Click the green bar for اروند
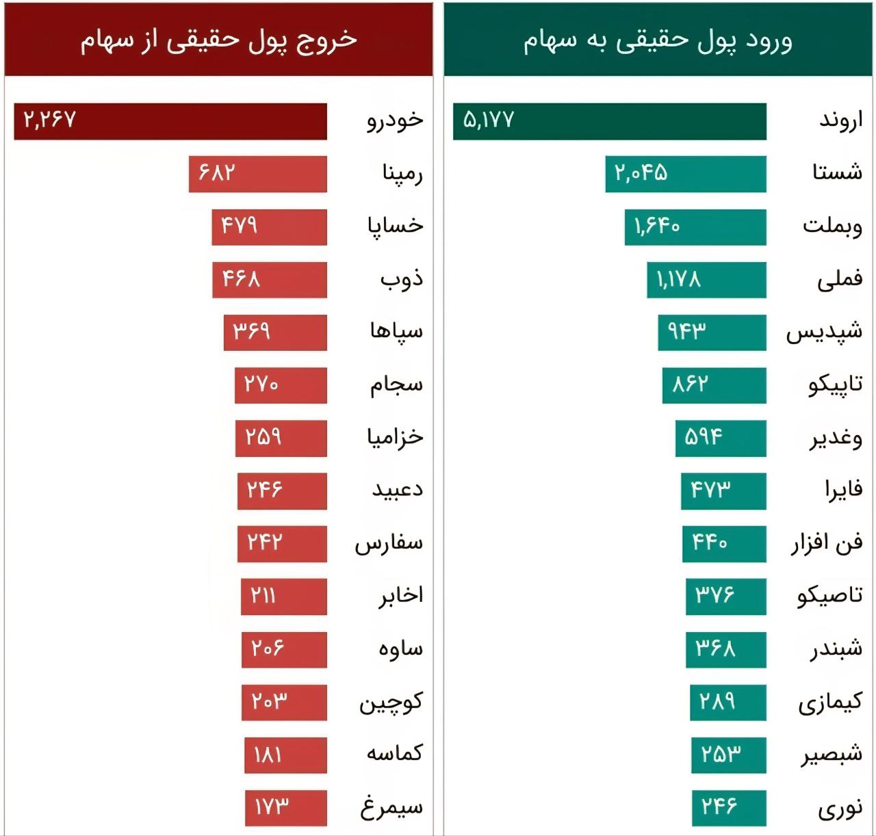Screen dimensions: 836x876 [x=609, y=121]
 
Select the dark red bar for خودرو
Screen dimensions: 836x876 [x=171, y=121]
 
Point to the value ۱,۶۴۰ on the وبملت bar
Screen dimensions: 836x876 [x=656, y=226]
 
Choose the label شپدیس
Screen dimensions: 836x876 [x=824, y=332]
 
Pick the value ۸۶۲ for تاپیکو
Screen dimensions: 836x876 [x=689, y=384]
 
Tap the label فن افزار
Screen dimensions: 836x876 [x=827, y=544]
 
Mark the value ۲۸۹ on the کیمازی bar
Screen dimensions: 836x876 [x=717, y=701]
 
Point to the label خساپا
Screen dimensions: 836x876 [x=395, y=226]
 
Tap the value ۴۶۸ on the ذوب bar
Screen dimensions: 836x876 [x=241, y=279]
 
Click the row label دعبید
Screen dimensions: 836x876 [x=397, y=490]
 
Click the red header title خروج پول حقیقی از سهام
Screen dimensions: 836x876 [x=219, y=40]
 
